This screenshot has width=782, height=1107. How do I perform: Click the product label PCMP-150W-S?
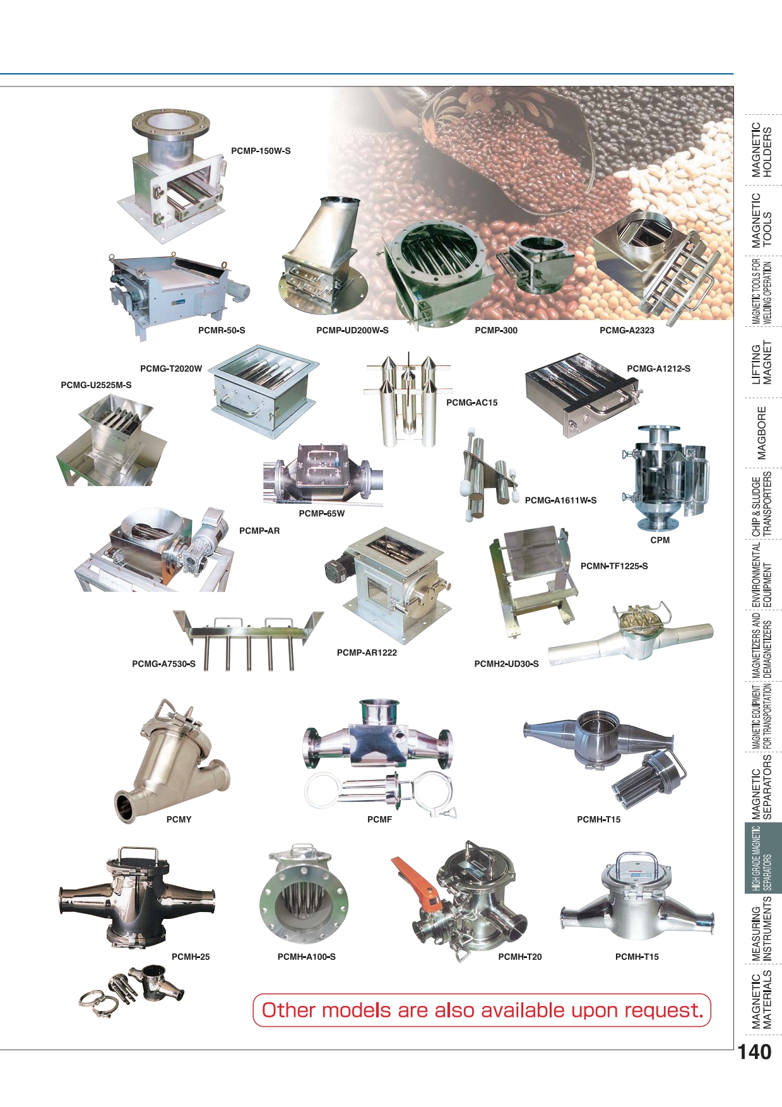pyautogui.click(x=261, y=151)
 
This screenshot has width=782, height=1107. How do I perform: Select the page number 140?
pyautogui.click(x=754, y=1052)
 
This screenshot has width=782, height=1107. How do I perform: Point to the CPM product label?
pyautogui.click(x=660, y=540)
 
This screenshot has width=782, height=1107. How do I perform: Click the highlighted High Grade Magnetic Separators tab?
pyautogui.click(x=762, y=858)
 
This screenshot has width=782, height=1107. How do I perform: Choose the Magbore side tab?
pyautogui.click(x=762, y=433)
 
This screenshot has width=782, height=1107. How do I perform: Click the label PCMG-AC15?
pyautogui.click(x=471, y=403)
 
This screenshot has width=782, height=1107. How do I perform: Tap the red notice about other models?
pyautogui.click(x=482, y=1010)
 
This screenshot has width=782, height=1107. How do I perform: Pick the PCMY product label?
pyautogui.click(x=179, y=819)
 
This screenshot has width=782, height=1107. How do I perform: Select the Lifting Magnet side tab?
pyautogui.click(x=762, y=364)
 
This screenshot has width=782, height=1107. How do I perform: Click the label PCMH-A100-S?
pyautogui.click(x=306, y=957)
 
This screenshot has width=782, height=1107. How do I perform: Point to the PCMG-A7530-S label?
pyautogui.click(x=163, y=664)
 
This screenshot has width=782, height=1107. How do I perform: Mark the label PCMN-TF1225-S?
pyautogui.click(x=614, y=566)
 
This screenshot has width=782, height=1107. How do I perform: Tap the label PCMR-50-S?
pyautogui.click(x=222, y=330)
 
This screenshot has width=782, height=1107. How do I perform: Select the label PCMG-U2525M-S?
pyautogui.click(x=96, y=385)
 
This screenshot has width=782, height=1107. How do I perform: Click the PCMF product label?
pyautogui.click(x=379, y=819)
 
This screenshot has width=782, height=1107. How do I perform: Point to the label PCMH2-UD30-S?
pyautogui.click(x=506, y=664)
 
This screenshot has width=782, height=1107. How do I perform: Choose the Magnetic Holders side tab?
pyautogui.click(x=762, y=150)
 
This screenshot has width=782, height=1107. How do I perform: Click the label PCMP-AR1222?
pyautogui.click(x=367, y=653)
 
